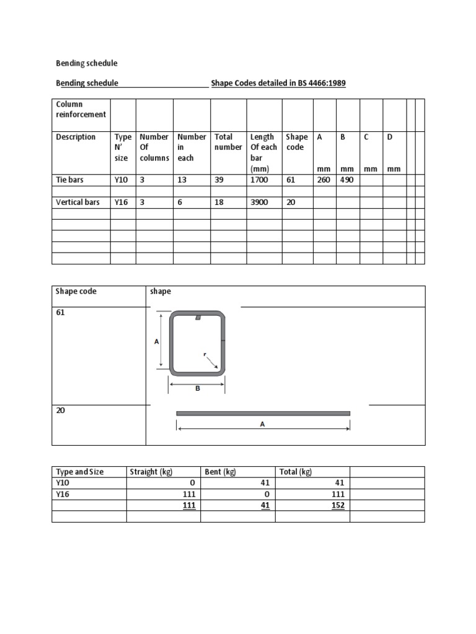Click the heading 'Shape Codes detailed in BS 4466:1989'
(x=278, y=83)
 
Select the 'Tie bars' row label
(x=69, y=180)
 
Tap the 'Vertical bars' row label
(x=77, y=202)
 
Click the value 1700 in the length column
(x=259, y=180)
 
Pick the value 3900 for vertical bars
(x=259, y=202)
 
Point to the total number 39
(x=219, y=180)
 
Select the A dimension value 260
(x=322, y=180)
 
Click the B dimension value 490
(x=345, y=180)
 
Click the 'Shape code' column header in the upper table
(x=296, y=142)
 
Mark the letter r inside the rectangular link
(x=205, y=355)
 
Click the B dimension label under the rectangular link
(x=197, y=389)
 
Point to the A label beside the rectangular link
(x=157, y=341)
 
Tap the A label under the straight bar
(x=262, y=425)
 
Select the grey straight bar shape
(x=263, y=413)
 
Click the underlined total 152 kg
(x=338, y=505)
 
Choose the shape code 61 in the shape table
(x=60, y=313)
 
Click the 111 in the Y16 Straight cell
(x=188, y=494)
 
